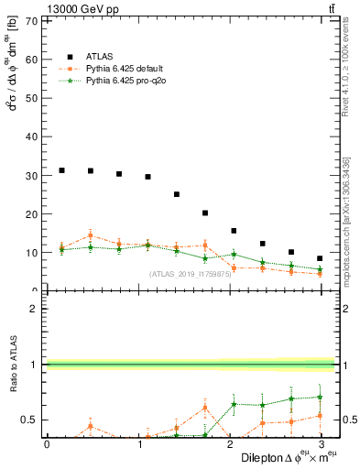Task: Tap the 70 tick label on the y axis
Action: [32, 21]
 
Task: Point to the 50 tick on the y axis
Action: [32, 98]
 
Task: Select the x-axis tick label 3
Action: [320, 443]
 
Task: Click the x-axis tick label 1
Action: [137, 443]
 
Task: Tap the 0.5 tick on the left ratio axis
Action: [29, 420]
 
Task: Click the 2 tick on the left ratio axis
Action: [35, 309]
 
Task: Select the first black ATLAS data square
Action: [61, 170]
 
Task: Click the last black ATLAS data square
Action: [319, 258]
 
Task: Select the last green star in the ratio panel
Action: [319, 397]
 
